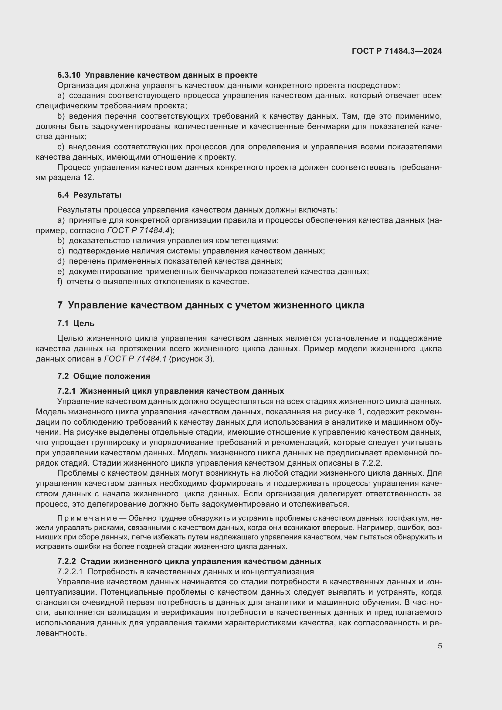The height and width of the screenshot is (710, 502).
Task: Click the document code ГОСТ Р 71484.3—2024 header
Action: (x=397, y=51)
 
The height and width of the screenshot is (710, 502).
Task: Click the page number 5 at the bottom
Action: (x=439, y=646)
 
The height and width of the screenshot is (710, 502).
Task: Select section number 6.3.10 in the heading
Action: (x=69, y=75)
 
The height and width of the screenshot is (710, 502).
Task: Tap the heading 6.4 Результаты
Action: (x=89, y=195)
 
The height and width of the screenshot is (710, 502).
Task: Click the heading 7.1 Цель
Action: (x=76, y=324)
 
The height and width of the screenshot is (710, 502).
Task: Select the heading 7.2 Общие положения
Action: (x=103, y=376)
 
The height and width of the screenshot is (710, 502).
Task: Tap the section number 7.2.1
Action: (x=66, y=391)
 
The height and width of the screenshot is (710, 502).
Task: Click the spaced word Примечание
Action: (x=87, y=518)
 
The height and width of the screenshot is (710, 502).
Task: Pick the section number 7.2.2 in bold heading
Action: (x=66, y=561)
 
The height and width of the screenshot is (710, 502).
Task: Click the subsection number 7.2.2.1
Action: (x=70, y=572)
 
